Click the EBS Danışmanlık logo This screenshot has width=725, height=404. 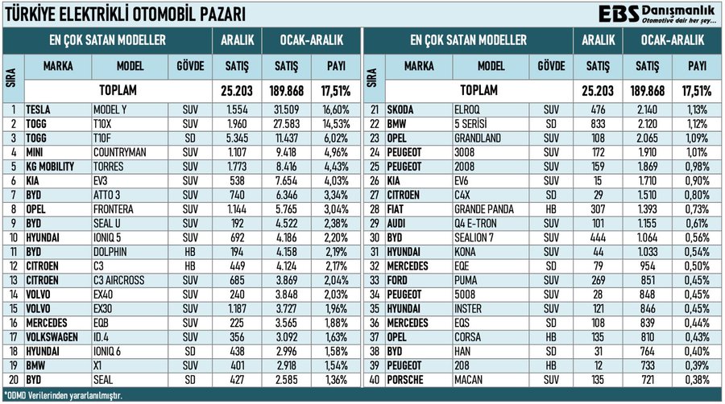click(657, 14)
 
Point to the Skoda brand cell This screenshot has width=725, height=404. click(400, 109)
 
